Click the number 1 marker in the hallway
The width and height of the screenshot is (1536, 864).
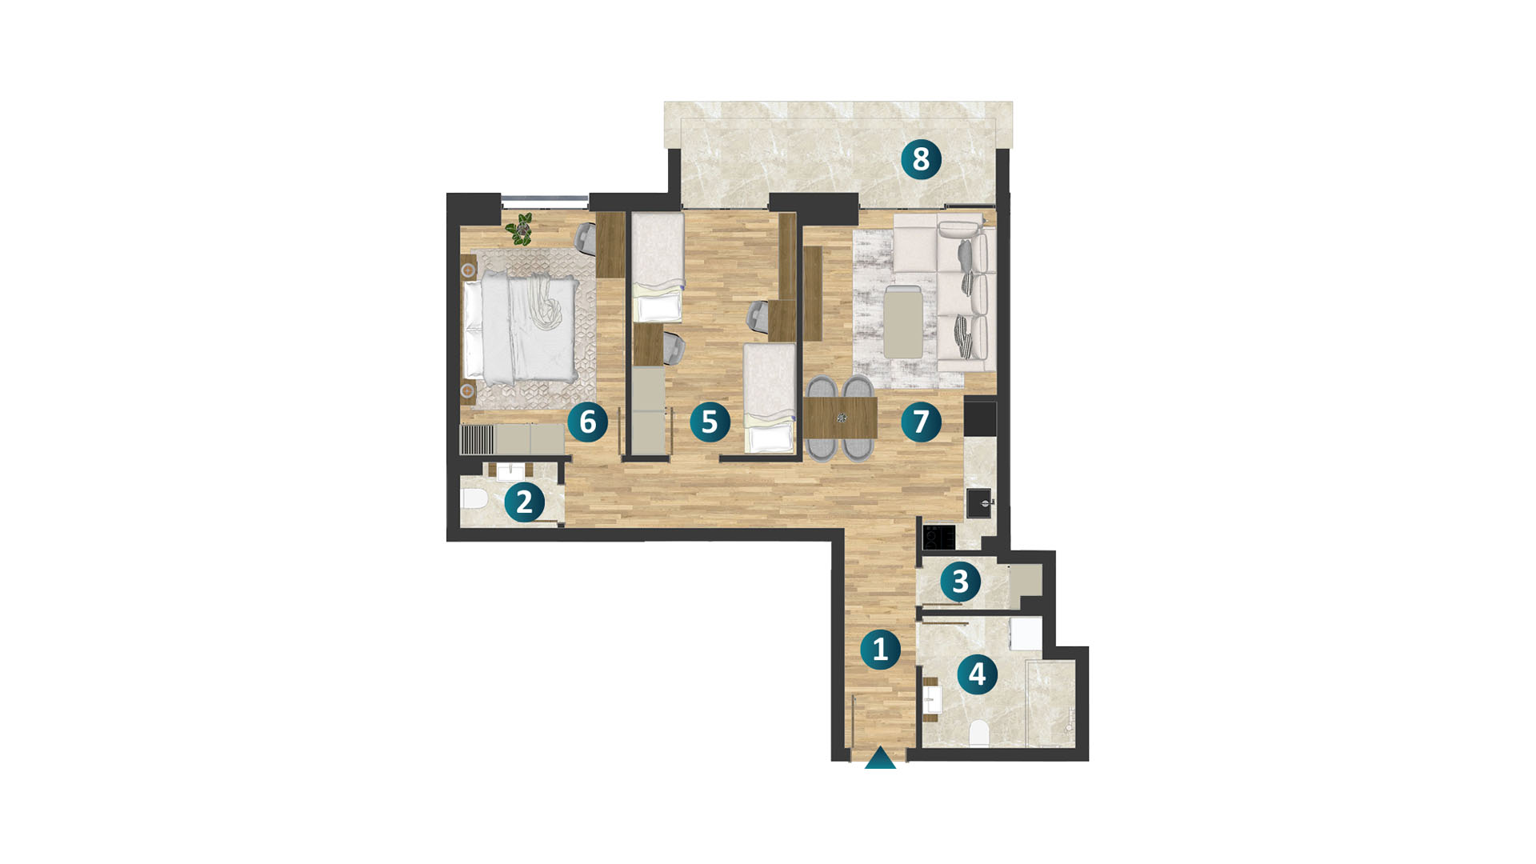point(880,650)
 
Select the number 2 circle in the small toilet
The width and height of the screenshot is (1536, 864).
point(524,502)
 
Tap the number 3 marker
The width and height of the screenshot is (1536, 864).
point(960,582)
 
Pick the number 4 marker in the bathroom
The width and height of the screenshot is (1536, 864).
point(977,674)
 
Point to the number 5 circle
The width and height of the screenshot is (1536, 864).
point(710,422)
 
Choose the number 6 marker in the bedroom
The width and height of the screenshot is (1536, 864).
point(588,422)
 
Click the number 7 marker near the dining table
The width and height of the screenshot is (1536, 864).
point(921,422)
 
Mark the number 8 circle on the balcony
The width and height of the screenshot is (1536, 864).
point(921,158)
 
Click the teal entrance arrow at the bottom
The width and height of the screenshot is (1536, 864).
point(880,758)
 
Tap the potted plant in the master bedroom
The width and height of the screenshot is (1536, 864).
point(522,229)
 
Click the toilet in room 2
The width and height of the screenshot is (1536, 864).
point(474,499)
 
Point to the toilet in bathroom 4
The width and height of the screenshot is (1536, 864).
point(978,732)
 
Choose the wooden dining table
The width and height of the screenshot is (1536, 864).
point(840,418)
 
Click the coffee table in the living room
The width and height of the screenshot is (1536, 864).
point(903,322)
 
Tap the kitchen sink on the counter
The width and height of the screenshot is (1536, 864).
point(979,503)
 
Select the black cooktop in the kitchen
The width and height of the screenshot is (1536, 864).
point(938,536)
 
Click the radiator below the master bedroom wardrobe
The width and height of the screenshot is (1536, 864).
point(478,439)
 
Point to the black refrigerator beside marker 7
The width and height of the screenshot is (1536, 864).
point(981,418)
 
